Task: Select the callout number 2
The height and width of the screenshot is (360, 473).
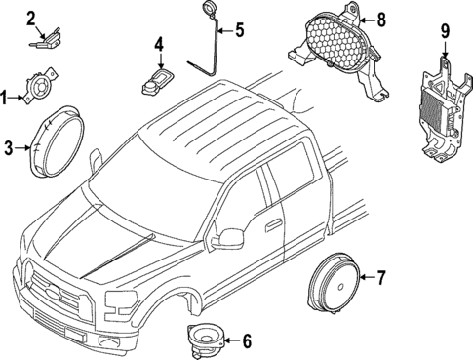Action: pos(31,17)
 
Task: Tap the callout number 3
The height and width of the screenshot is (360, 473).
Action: pos(8,148)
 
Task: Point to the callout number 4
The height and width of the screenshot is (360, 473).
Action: pos(159,45)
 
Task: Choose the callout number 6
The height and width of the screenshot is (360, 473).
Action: pos(246,341)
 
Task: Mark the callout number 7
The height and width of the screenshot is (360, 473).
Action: pos(381,278)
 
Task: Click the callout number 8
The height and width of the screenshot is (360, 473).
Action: pos(381,18)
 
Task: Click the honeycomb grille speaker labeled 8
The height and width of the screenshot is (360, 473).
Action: pos(336,43)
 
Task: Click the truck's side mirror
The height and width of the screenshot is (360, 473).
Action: pos(231,236)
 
